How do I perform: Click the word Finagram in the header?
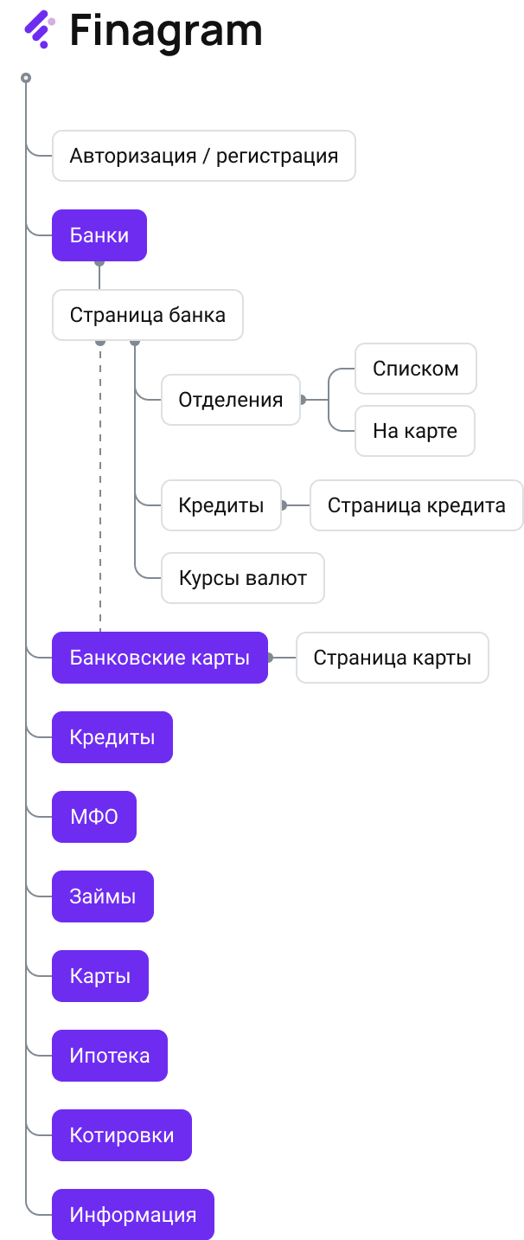[165, 30]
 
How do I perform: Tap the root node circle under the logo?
[26, 78]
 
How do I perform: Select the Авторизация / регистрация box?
[203, 156]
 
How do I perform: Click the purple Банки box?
[99, 235]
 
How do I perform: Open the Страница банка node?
[147, 315]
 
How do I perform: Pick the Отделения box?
[231, 400]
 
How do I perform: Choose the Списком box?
[415, 369]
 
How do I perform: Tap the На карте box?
[415, 431]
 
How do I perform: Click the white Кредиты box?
[221, 505]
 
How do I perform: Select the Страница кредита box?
[416, 505]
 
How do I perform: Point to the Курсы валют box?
[243, 578]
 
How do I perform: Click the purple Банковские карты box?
[160, 658]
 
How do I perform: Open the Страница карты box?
[393, 658]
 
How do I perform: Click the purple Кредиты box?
[112, 737]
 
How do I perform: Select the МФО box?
[94, 817]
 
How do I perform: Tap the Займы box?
[103, 896]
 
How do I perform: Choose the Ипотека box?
[110, 1056]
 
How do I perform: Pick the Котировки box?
[122, 1135]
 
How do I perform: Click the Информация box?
[133, 1215]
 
